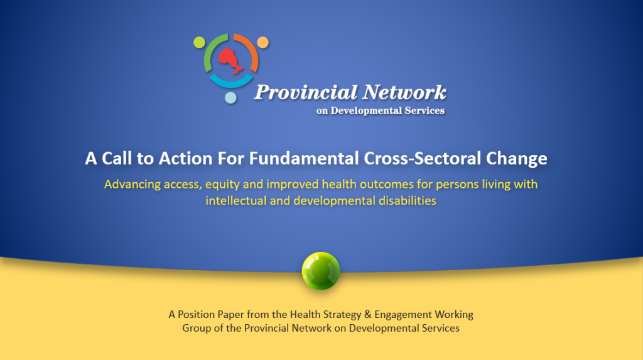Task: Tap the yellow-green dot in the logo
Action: click(x=199, y=42)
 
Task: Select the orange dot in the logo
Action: click(x=263, y=42)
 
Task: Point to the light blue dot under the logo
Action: click(x=231, y=98)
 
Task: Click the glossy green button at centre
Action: click(x=321, y=271)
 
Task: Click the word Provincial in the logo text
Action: click(x=306, y=93)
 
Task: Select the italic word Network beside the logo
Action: click(x=405, y=92)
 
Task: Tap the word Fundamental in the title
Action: click(x=304, y=158)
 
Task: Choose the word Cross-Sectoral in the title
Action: click(x=423, y=158)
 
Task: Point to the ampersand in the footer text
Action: click(x=367, y=314)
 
